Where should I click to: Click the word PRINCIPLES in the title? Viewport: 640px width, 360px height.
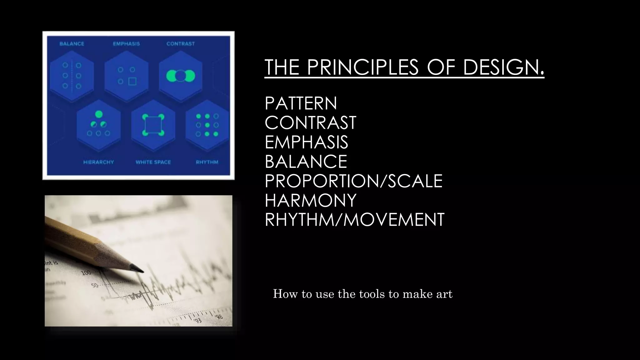point(362,67)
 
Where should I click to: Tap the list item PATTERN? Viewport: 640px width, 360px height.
point(301,103)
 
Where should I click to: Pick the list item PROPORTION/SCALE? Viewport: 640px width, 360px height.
point(353,181)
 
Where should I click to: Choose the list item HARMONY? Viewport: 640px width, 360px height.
point(310,200)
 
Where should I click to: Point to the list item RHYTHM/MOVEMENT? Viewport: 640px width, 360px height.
point(354,219)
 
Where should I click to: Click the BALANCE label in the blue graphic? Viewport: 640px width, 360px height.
point(72,44)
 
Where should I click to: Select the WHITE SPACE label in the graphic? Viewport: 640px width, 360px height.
point(153,162)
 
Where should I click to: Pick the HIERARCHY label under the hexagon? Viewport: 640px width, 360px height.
point(98,162)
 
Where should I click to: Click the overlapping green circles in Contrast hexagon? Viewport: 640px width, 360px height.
point(181,76)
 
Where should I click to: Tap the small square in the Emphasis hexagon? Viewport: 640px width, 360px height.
point(132,82)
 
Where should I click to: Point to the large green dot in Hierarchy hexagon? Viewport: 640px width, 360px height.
point(99,114)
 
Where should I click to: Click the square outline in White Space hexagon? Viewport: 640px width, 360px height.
point(153,125)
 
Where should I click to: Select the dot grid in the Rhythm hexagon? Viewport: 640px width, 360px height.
point(207,125)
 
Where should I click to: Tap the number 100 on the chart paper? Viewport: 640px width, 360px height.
point(86,273)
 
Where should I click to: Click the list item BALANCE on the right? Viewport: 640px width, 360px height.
point(306,161)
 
